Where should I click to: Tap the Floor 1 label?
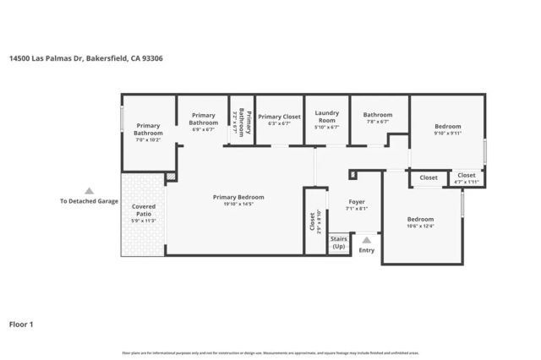click(22, 323)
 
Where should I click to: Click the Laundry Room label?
click(326, 117)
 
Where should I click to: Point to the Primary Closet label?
click(279, 117)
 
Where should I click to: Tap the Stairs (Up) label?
click(338, 243)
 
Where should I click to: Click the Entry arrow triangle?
click(366, 240)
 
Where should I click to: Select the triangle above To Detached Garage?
click(89, 190)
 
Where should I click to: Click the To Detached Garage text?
click(89, 201)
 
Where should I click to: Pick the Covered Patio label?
click(143, 210)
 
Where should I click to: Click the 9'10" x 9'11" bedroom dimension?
click(448, 133)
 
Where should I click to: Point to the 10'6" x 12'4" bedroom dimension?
click(420, 225)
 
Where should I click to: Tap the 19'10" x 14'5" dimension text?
click(238, 204)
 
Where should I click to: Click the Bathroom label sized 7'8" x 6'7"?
click(378, 115)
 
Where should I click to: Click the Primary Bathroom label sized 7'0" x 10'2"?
click(148, 129)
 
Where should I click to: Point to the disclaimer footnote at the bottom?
click(270, 352)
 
